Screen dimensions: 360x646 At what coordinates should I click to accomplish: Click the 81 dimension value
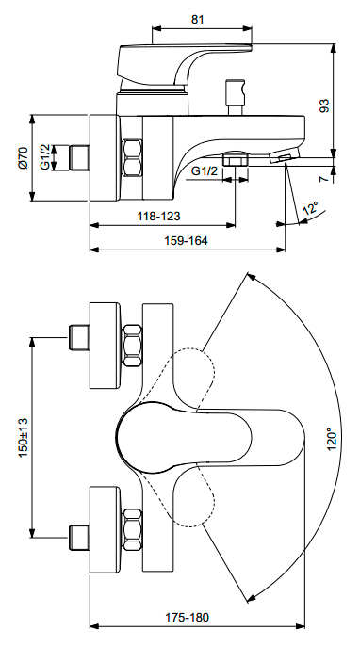pos(198,20)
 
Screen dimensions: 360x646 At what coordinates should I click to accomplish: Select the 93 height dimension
pos(325,105)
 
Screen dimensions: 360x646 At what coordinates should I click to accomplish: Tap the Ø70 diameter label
pos(23,157)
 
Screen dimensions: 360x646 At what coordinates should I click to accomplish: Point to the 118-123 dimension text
pos(158,216)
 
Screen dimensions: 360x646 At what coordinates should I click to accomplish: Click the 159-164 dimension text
pos(186,240)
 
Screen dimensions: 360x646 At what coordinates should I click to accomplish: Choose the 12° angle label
pos(311,208)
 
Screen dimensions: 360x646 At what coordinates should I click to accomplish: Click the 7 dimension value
pos(325,178)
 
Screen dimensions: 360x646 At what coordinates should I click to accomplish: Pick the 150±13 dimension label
pos(23,437)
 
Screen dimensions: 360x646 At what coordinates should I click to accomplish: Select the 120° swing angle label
pos(332,439)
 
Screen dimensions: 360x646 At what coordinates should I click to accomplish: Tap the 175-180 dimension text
pos(188,617)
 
